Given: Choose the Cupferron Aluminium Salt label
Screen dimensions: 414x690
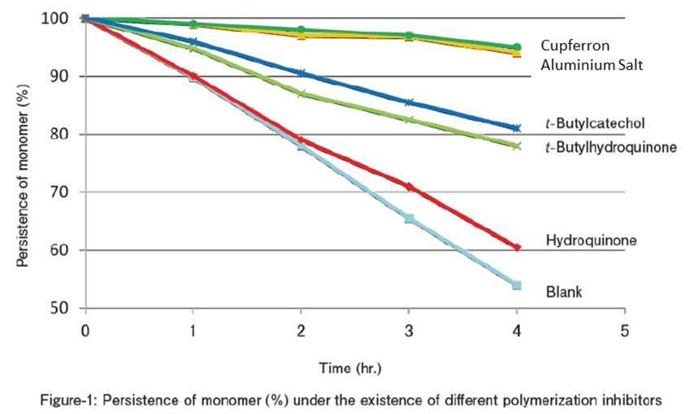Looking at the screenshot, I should (x=592, y=55).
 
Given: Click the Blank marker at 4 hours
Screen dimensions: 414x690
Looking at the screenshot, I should (x=516, y=285).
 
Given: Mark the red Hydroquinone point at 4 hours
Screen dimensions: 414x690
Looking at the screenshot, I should (x=516, y=247).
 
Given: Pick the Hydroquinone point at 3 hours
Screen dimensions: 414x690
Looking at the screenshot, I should (x=409, y=187).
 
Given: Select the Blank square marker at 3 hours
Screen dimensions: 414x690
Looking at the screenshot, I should (x=409, y=218).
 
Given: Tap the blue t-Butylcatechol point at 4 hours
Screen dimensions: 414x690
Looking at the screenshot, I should (x=516, y=128).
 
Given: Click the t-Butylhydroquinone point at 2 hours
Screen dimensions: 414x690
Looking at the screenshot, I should (x=301, y=93).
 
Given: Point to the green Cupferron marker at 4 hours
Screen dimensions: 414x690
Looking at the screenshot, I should (x=516, y=47).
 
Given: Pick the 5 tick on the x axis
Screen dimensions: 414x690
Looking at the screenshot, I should (x=624, y=330).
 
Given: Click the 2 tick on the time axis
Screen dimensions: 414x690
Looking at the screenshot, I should (x=301, y=330).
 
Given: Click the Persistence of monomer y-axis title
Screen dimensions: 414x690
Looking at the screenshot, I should (x=24, y=163).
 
